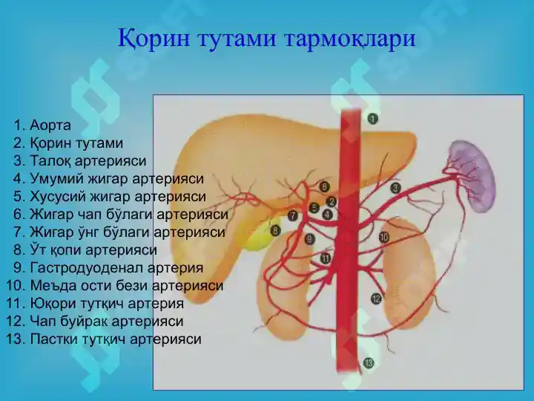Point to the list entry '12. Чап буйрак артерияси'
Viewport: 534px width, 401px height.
pyautogui.click(x=94, y=322)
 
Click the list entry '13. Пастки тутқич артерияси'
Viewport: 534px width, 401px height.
pyautogui.click(x=104, y=339)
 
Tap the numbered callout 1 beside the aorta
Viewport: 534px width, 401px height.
pyautogui.click(x=372, y=118)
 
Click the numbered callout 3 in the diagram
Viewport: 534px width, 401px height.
pyautogui.click(x=395, y=188)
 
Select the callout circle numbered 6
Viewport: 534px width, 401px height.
pyautogui.click(x=324, y=186)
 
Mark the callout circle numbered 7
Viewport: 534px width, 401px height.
pyautogui.click(x=292, y=215)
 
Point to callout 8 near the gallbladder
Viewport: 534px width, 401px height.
pyautogui.click(x=275, y=231)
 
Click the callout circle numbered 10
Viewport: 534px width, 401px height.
pyautogui.click(x=383, y=238)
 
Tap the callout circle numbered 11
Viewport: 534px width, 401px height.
pyautogui.click(x=326, y=258)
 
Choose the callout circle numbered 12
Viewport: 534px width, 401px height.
pyautogui.click(x=376, y=299)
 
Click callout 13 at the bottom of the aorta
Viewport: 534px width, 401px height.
pyautogui.click(x=369, y=362)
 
